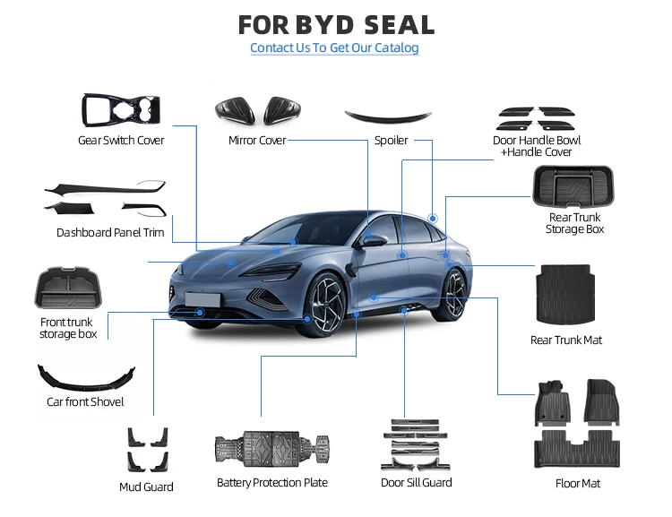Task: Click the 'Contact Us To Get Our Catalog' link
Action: tap(334, 47)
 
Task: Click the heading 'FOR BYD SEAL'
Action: tap(336, 23)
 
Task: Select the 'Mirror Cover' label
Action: tap(256, 141)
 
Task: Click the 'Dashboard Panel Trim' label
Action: tap(110, 232)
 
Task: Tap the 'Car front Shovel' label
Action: tap(85, 402)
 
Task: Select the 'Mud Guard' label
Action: tap(146, 487)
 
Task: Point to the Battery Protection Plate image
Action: tap(271, 450)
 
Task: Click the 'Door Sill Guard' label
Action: tap(416, 483)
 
